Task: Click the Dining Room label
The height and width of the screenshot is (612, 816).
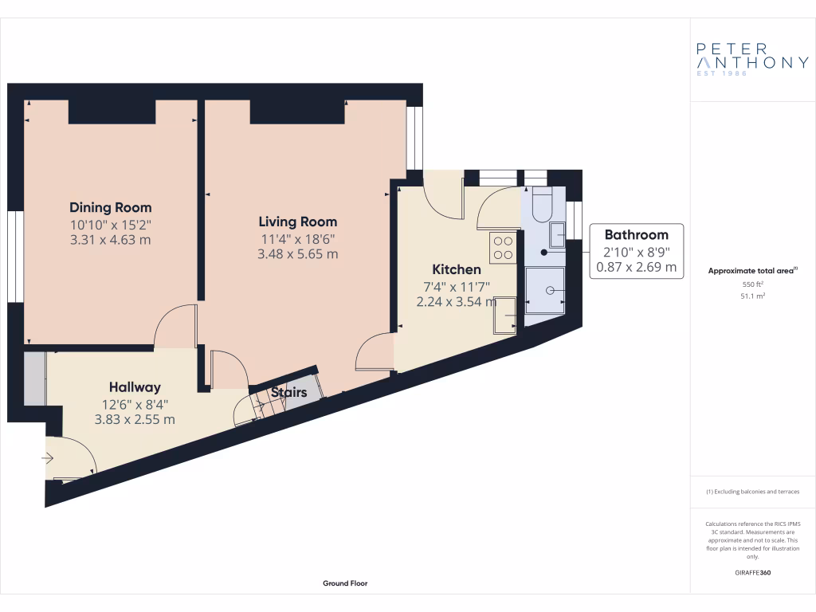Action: click(x=110, y=208)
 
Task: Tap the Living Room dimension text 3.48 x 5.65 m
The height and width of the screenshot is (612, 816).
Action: click(x=297, y=254)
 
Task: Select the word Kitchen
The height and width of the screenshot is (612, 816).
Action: click(x=456, y=269)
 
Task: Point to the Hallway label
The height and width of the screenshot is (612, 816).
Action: click(x=135, y=387)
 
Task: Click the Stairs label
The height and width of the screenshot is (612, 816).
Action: click(x=288, y=392)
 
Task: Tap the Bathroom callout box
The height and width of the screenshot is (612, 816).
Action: click(x=636, y=250)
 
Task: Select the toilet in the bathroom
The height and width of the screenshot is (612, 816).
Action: click(x=541, y=205)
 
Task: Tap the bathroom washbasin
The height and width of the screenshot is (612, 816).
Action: click(x=558, y=233)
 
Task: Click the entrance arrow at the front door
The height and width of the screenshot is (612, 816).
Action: click(x=47, y=458)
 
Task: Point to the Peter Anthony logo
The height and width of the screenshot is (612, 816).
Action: click(x=752, y=58)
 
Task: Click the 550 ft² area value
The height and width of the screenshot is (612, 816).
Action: click(x=753, y=284)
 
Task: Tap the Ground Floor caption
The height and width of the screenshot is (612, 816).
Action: click(x=345, y=583)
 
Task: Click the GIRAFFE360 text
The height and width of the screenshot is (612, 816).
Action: click(x=753, y=572)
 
